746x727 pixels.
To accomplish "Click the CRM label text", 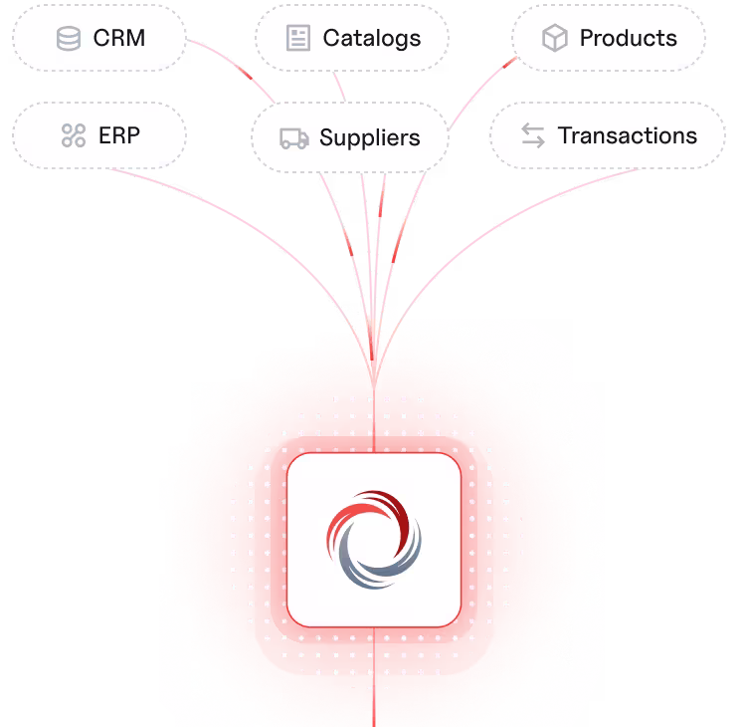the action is [119, 38].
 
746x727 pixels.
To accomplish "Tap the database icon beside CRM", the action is [69, 38].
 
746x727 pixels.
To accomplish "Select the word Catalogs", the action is [372, 39].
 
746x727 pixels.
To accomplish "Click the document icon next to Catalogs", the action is [298, 38].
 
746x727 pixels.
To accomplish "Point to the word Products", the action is [628, 38].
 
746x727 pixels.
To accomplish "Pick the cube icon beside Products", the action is [555, 38].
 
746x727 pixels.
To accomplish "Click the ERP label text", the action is [119, 135].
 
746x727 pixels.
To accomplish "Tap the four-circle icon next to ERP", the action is [74, 135].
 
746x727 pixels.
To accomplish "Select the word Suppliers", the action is [370, 137].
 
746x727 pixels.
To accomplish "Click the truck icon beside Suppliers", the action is [294, 138].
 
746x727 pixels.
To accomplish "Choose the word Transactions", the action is [628, 135].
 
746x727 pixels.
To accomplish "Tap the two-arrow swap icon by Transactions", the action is [533, 135].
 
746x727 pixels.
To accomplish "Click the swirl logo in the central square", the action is [374, 540].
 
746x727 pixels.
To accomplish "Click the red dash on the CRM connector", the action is [245, 73].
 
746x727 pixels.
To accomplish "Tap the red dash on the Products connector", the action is [509, 63].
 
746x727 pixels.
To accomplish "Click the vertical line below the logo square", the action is [374, 677].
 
